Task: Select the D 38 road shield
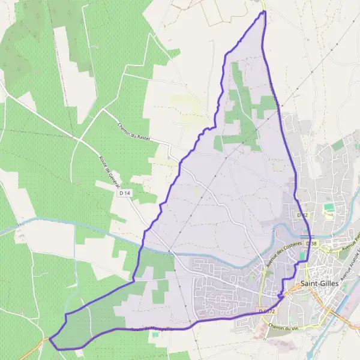tap(311, 244)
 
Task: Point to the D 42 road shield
tap(302, 214)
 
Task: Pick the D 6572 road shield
tap(267, 311)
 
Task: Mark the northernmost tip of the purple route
tap(263, 11)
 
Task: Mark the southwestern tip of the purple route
tap(50, 341)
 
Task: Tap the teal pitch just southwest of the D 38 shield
tap(302, 256)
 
